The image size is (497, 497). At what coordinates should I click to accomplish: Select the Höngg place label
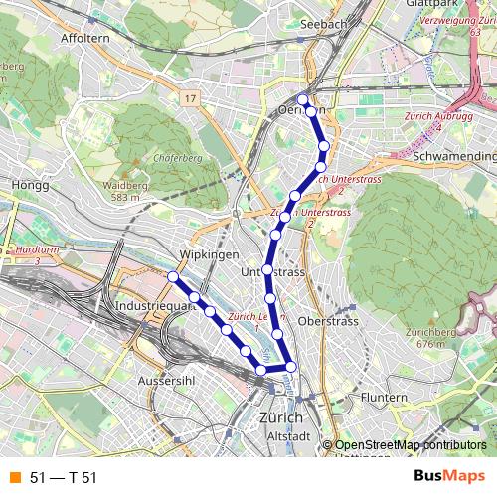pos(22,185)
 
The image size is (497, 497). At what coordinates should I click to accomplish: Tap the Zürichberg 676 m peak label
pos(430,337)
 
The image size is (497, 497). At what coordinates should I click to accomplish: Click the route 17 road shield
pos(191,98)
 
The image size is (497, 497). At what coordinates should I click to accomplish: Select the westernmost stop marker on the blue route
pos(173,276)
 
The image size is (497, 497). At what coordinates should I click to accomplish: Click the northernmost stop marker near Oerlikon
pos(303,99)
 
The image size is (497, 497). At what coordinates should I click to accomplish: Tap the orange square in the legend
pos(14,477)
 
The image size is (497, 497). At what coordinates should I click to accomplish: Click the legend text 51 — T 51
pos(64,477)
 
